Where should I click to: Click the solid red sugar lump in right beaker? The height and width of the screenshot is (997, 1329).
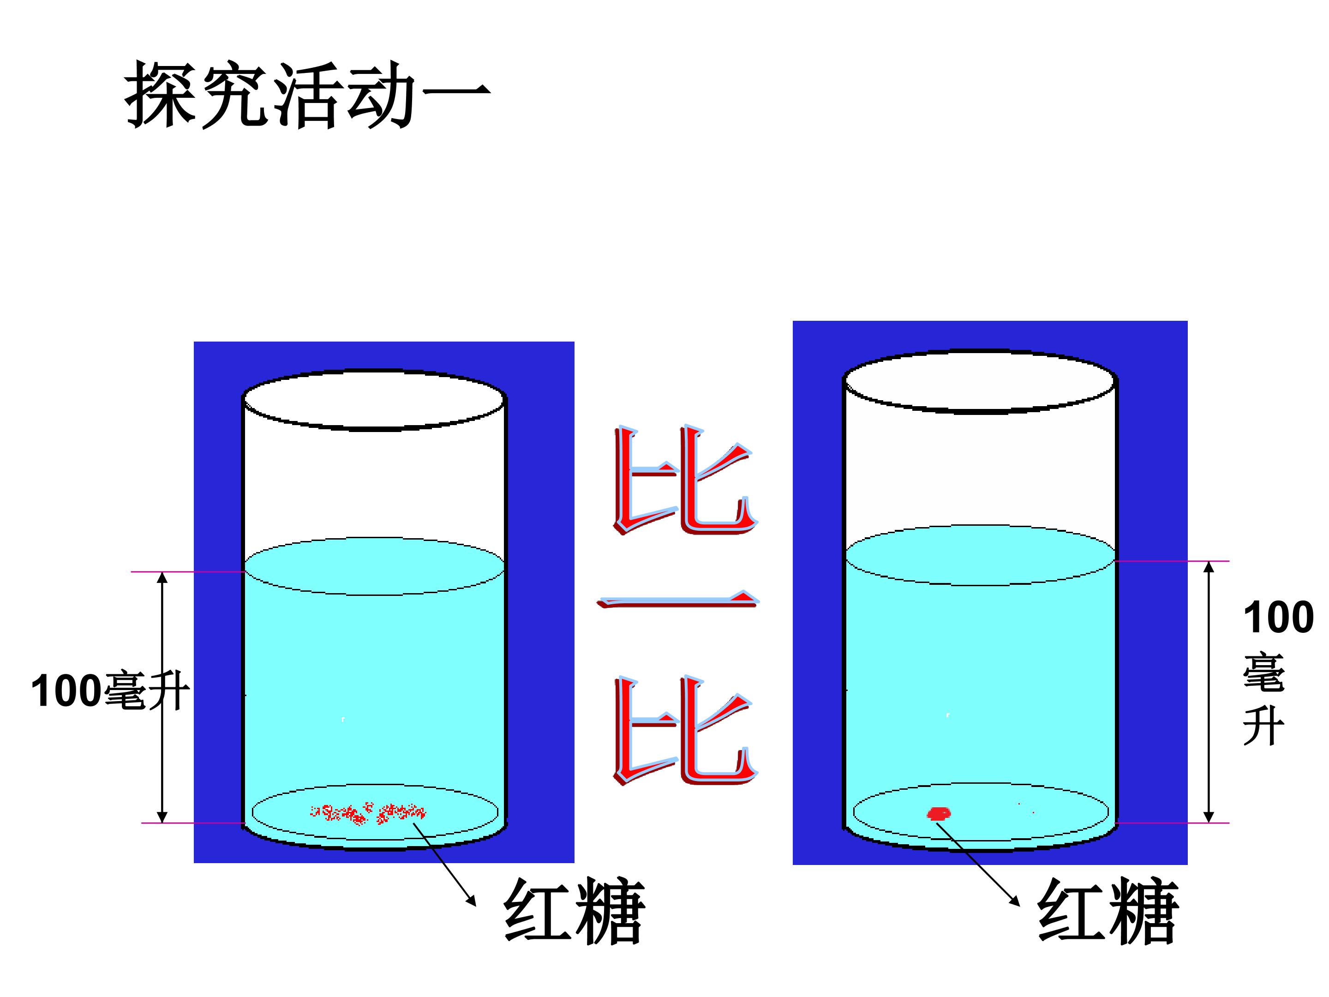(x=939, y=814)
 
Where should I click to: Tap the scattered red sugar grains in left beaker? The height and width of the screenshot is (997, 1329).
(x=367, y=813)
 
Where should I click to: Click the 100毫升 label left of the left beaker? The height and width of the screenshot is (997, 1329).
(x=110, y=691)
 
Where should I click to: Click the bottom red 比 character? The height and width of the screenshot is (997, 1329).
(x=685, y=730)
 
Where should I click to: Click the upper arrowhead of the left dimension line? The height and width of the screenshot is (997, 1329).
(x=162, y=577)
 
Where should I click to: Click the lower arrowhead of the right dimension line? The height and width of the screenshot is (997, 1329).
(x=1209, y=817)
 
